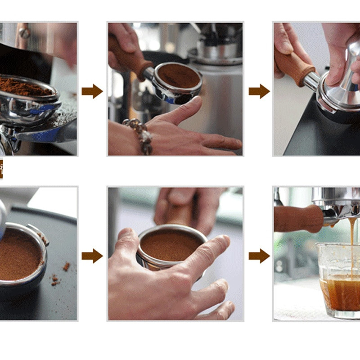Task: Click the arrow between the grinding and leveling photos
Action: [92, 91]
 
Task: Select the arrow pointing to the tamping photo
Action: [259, 91]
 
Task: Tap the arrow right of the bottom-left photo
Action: [92, 256]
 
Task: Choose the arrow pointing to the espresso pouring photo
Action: [259, 256]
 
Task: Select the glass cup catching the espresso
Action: [337, 279]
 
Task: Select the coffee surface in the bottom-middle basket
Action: [171, 245]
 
